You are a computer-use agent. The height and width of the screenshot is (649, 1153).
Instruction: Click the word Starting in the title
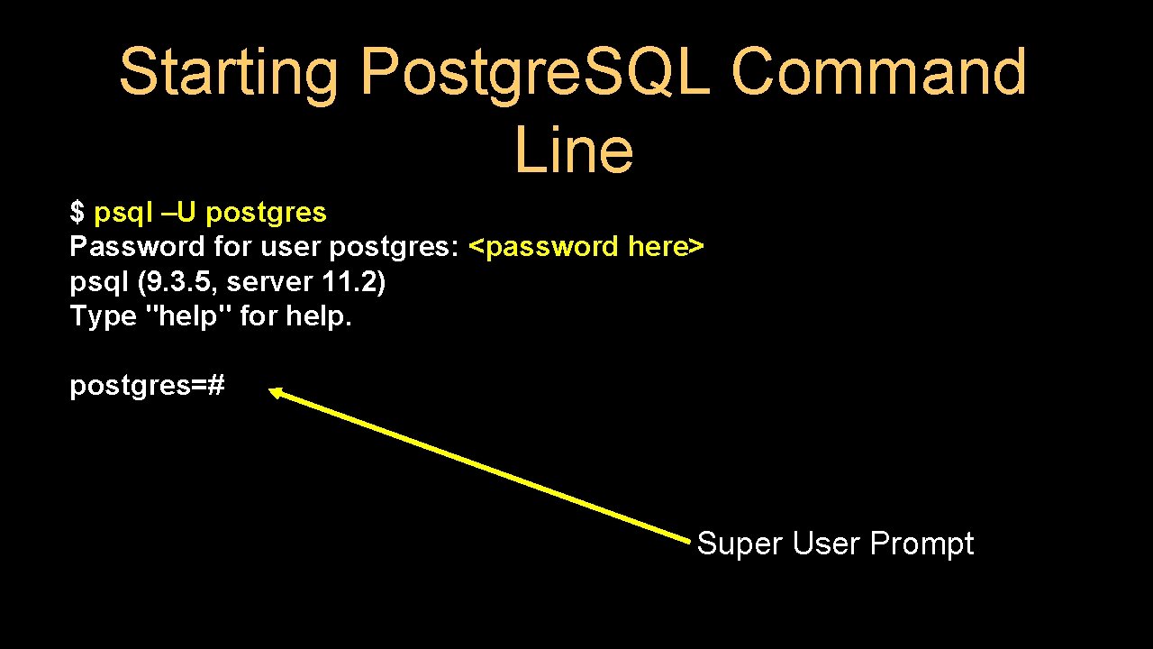click(x=229, y=74)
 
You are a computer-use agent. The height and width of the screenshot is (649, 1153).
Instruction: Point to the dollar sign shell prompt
click(x=77, y=213)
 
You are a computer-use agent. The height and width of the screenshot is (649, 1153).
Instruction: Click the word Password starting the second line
click(x=137, y=246)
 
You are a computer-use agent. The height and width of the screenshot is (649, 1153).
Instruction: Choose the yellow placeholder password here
click(x=586, y=247)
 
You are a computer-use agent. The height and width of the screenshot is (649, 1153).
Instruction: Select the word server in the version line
click(x=268, y=282)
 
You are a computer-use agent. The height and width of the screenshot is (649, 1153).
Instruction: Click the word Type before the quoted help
click(x=102, y=317)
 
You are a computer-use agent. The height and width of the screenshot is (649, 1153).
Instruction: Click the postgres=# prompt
click(x=147, y=387)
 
